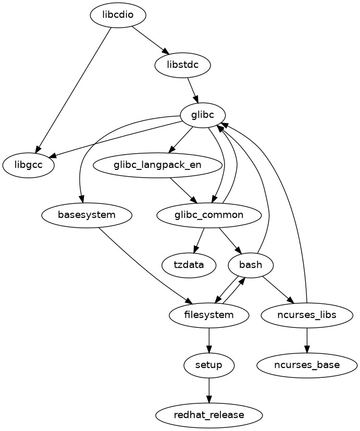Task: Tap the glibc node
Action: coord(202,115)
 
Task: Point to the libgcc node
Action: coord(29,165)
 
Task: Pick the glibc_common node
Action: coord(208,215)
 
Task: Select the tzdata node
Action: coord(189,265)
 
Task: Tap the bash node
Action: coord(251,265)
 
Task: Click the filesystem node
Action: coord(209,315)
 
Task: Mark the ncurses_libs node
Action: coord(306,315)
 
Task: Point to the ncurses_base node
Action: coord(306,365)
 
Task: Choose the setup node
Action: coord(209,365)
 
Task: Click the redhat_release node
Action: coord(209,415)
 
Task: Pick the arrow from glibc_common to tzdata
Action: coord(198,240)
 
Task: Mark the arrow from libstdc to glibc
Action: coord(193,90)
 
